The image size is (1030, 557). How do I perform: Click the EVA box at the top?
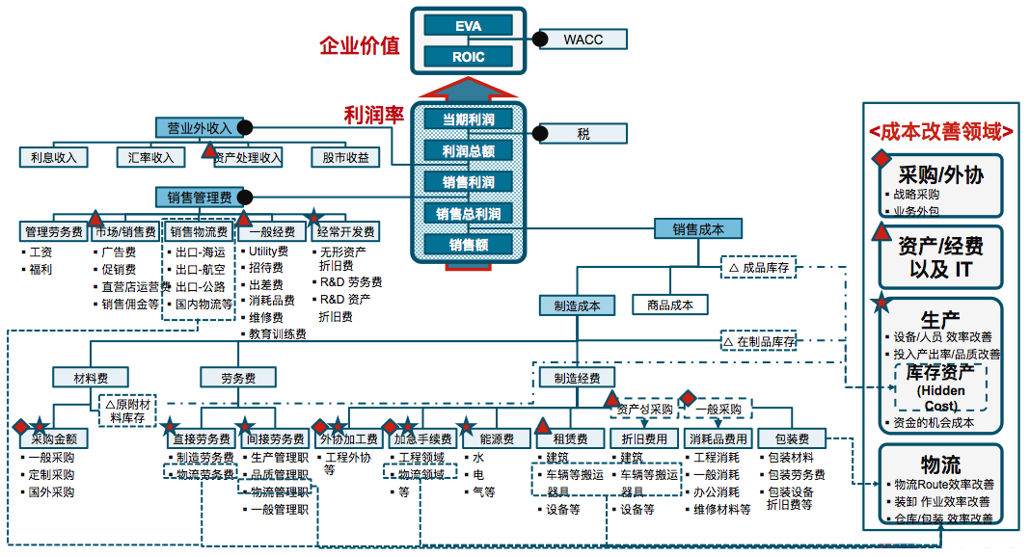click(468, 26)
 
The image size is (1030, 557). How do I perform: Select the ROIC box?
click(468, 57)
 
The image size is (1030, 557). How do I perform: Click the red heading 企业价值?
click(360, 45)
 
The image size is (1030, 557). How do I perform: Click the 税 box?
click(583, 134)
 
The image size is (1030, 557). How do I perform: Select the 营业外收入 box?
click(200, 127)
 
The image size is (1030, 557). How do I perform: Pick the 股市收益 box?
click(345, 157)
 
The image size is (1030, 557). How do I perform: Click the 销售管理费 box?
click(200, 198)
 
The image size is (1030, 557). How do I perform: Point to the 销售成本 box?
click(698, 228)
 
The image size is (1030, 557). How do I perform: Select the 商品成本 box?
click(670, 305)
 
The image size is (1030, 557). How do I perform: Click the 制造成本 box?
click(577, 305)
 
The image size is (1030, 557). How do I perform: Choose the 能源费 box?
click(497, 439)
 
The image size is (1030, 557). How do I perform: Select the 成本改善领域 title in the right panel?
click(940, 131)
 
